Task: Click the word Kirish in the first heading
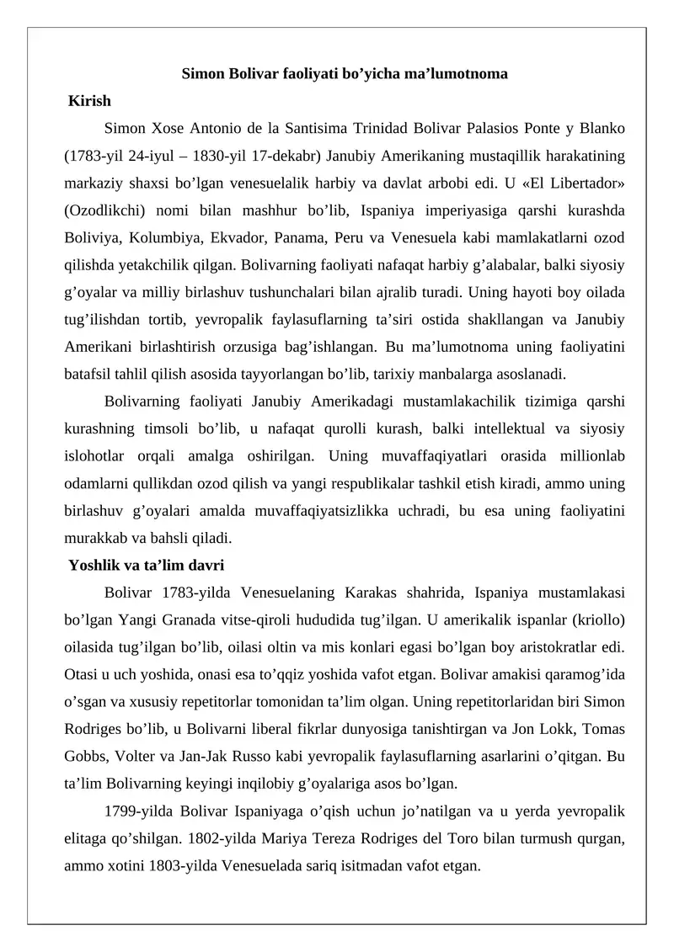point(89,101)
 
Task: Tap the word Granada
point(179,619)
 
